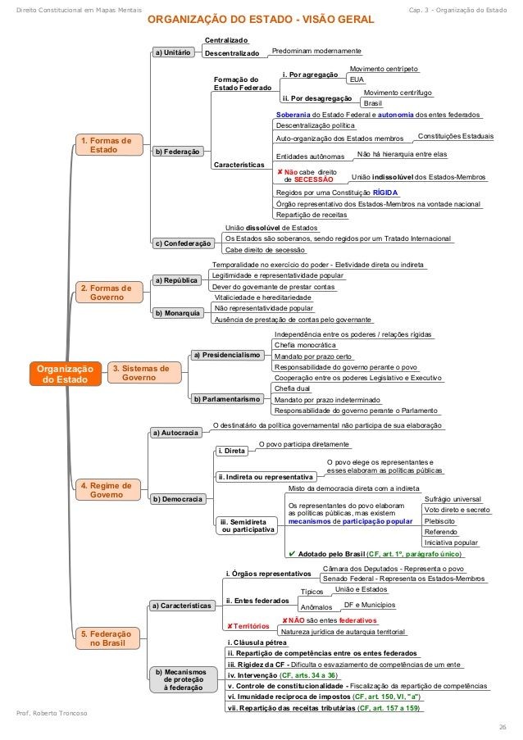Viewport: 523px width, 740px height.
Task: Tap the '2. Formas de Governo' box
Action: pyautogui.click(x=106, y=293)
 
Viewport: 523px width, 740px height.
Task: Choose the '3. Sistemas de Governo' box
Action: pyautogui.click(x=142, y=373)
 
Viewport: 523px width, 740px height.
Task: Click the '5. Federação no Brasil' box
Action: pyautogui.click(x=106, y=639)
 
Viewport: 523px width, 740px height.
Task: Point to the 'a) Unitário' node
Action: pyautogui.click(x=172, y=52)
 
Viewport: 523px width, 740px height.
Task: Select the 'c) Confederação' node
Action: pyautogui.click(x=184, y=243)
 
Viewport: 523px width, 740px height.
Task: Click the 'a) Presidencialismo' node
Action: pyautogui.click(x=226, y=355)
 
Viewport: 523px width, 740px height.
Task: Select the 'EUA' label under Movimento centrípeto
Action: pyautogui.click(x=356, y=80)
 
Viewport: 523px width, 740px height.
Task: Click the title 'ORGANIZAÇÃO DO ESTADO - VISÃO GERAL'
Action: pyautogui.click(x=260, y=18)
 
